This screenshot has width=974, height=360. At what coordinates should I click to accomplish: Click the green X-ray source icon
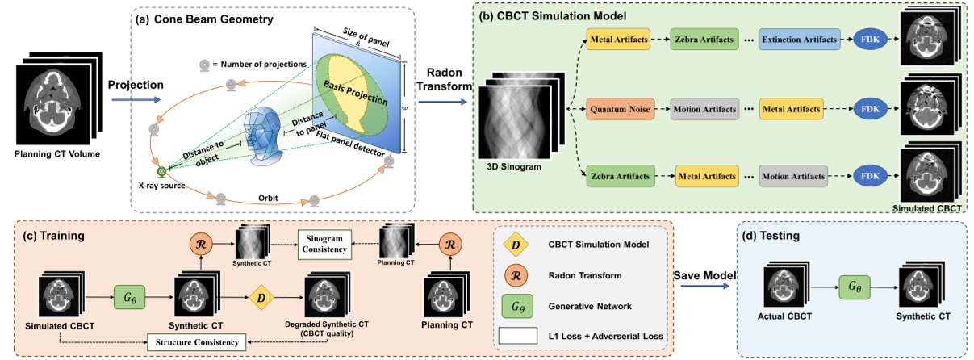click(161, 171)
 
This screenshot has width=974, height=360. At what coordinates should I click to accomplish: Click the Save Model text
click(706, 275)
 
